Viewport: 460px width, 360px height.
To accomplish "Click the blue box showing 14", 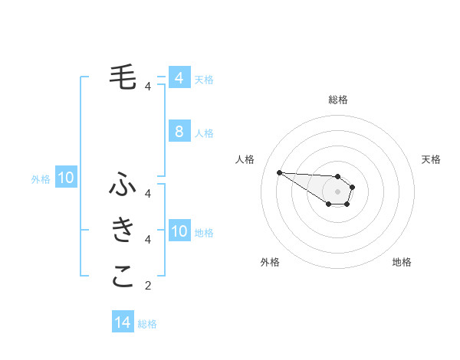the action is [123, 322].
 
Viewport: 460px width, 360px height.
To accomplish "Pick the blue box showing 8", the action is [179, 132].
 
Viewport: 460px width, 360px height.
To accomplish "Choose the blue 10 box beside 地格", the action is [179, 231].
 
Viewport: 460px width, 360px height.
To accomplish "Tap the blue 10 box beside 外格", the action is [66, 178].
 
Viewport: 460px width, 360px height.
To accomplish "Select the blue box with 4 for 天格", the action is [179, 77].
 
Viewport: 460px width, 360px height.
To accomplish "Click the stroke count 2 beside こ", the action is [148, 286].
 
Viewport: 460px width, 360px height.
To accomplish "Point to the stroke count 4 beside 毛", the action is [148, 87].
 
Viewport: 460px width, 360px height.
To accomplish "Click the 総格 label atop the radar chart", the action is [337, 100].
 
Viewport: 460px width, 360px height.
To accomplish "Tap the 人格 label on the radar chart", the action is [245, 159].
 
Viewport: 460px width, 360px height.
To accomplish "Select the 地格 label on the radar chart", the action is [402, 262].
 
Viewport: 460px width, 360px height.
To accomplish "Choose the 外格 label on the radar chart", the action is [270, 262].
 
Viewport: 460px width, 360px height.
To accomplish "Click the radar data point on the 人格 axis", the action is [279, 172].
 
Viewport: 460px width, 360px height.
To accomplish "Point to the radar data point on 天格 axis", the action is [352, 187].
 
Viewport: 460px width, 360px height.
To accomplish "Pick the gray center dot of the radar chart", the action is [337, 191].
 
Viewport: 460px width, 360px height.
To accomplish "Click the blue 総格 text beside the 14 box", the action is [147, 324].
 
